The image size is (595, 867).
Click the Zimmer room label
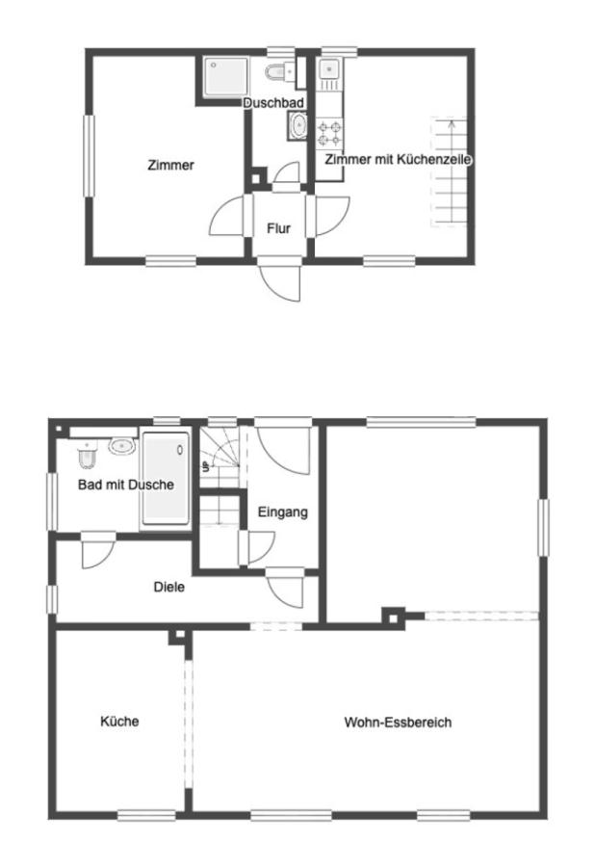point(170,165)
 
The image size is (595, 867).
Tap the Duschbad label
point(273,103)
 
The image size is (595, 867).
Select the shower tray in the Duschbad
point(226,77)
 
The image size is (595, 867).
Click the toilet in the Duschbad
point(280,70)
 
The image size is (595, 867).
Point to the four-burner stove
point(330,133)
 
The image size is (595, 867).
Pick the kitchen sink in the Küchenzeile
point(330,68)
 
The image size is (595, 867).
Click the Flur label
point(278,228)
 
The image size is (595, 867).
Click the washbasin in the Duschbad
point(298,125)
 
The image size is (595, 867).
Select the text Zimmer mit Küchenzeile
point(398,159)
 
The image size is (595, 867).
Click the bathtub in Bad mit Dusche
point(166,478)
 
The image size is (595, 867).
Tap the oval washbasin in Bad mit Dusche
point(122,446)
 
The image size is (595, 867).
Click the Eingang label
point(283,512)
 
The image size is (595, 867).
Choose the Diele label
point(169,587)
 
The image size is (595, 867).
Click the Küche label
point(119,721)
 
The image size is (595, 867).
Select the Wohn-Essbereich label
point(398,722)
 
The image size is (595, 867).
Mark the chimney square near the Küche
point(178,637)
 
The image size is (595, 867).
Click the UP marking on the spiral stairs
point(206,466)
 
